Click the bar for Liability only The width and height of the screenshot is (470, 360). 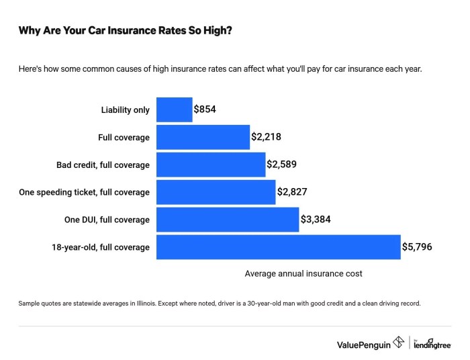click(x=175, y=109)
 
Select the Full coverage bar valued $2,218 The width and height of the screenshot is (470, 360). click(x=203, y=137)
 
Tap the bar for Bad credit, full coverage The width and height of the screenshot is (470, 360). click(x=211, y=165)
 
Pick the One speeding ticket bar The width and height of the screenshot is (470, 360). click(x=216, y=192)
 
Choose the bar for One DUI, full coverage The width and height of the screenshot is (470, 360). click(x=227, y=220)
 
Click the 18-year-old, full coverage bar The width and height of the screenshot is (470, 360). click(x=278, y=247)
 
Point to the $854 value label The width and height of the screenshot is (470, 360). click(x=205, y=109)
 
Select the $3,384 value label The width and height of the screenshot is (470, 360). click(x=316, y=220)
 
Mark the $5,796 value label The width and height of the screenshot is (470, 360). click(x=417, y=247)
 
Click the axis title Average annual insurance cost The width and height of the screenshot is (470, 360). click(x=303, y=273)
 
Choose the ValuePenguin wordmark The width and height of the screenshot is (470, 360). click(x=363, y=344)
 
